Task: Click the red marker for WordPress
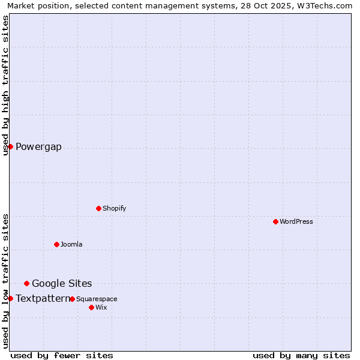click(275, 221)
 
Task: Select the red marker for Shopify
click(98, 208)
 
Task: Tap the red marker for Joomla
click(56, 244)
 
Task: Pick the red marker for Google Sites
click(26, 283)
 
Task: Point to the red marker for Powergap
click(10, 146)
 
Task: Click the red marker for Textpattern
click(10, 298)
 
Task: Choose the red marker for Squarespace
click(72, 299)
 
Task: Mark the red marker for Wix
click(91, 307)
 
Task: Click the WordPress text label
click(296, 221)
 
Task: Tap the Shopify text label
click(115, 208)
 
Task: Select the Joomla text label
click(71, 244)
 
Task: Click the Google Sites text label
click(62, 283)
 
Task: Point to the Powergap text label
click(38, 147)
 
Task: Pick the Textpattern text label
click(43, 298)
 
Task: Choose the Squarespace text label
click(97, 299)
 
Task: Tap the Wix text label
click(101, 307)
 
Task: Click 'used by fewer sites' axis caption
click(62, 355)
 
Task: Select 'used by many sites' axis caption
click(301, 355)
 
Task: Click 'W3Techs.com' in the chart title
click(327, 5)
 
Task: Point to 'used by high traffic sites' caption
click(5, 85)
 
